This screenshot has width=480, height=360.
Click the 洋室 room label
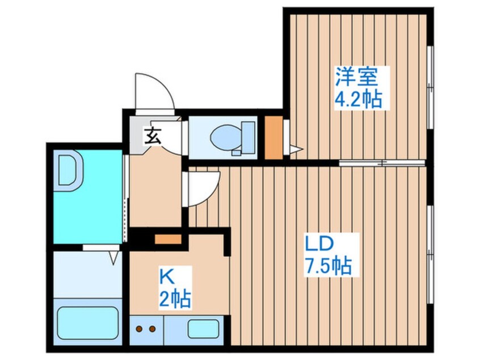tap(357, 77)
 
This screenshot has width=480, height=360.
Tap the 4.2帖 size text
tap(358, 99)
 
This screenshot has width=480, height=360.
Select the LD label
tap(319, 244)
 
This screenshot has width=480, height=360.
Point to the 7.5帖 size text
tap(328, 265)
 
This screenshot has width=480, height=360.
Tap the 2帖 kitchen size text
tap(175, 299)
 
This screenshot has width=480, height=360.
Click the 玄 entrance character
tap(153, 136)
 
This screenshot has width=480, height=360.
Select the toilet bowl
tap(226, 137)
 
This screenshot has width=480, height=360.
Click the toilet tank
tap(248, 137)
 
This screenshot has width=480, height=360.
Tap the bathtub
tap(88, 323)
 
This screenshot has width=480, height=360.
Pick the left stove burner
tap(139, 329)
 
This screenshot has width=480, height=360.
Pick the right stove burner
tap(152, 329)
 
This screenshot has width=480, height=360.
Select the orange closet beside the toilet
tap(273, 137)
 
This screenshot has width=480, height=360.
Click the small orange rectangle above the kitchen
tap(168, 239)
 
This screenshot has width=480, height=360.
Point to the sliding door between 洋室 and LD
tap(382, 163)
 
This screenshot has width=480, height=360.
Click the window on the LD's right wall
tap(431, 254)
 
